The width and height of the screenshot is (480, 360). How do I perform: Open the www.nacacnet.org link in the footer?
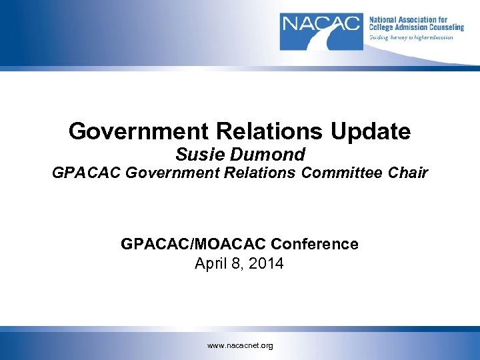point(240,346)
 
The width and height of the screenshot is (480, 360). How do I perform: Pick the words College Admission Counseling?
point(416,28)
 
